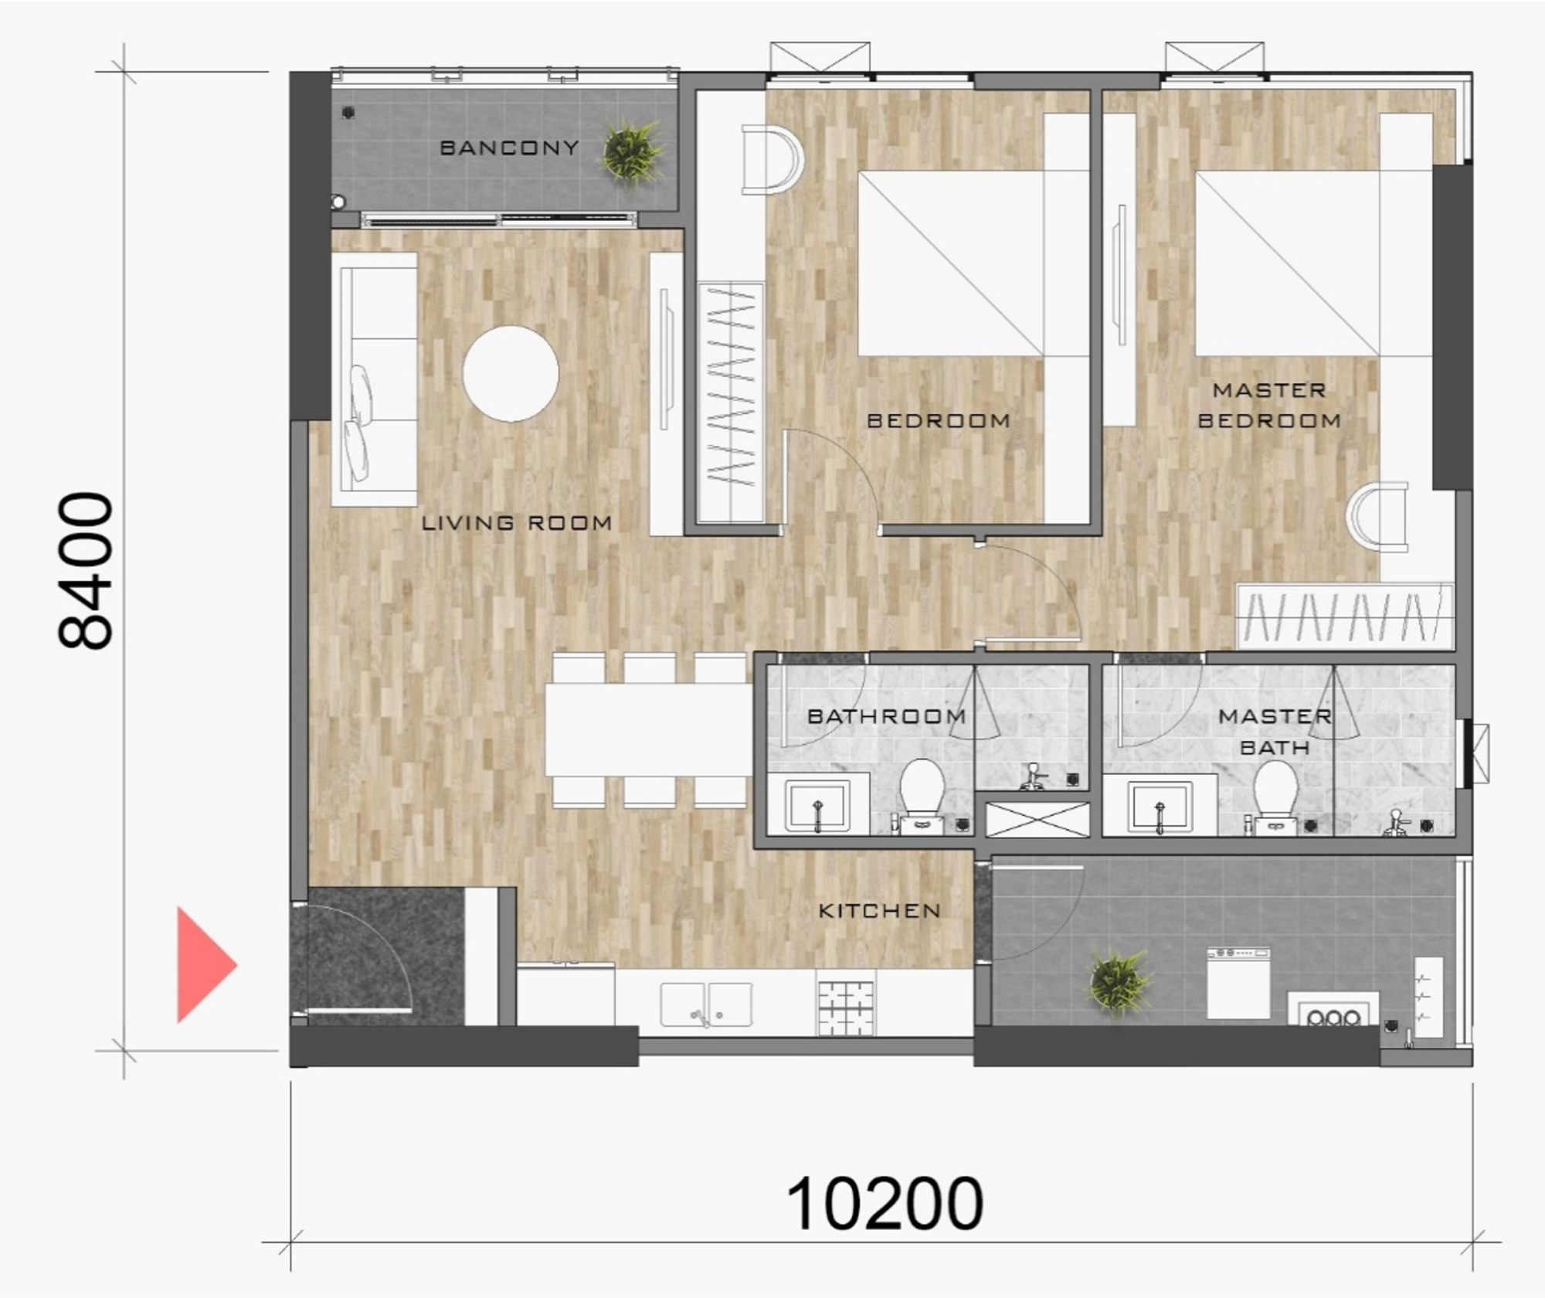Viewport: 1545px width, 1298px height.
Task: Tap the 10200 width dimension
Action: (x=884, y=1205)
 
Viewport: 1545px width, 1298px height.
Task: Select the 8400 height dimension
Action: (x=86, y=571)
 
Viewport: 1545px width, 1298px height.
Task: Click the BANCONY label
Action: (x=509, y=148)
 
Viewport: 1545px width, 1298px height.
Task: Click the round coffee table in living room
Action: (x=511, y=374)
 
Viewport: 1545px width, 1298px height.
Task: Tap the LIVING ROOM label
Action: (x=517, y=523)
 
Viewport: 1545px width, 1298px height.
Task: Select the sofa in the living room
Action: (x=375, y=379)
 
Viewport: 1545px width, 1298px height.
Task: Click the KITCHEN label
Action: (x=879, y=911)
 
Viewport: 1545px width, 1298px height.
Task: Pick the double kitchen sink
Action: (x=705, y=1005)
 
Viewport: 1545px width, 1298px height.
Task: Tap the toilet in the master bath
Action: (x=1275, y=791)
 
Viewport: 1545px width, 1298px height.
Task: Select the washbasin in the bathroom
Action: (x=817, y=804)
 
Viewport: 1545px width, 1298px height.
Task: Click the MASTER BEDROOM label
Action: (x=1269, y=406)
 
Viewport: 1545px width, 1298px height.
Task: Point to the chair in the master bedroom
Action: (x=1378, y=517)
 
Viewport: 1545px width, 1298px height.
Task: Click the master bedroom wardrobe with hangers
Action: (x=1345, y=617)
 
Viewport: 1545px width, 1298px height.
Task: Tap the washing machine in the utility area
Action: (x=1238, y=984)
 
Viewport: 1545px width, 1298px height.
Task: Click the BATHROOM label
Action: (x=886, y=716)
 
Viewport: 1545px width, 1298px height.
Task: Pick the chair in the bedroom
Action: (x=770, y=161)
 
